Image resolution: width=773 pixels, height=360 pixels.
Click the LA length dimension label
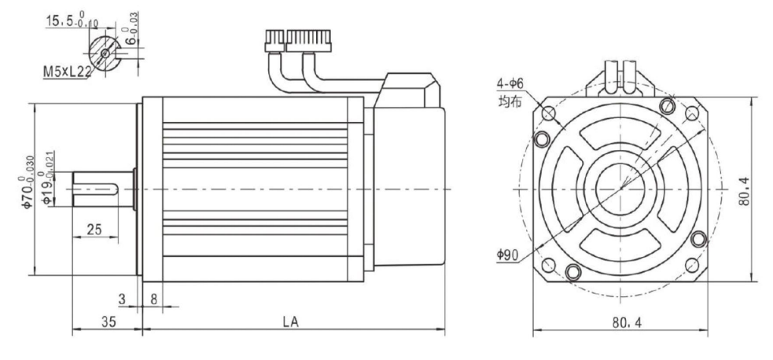pos(290,321)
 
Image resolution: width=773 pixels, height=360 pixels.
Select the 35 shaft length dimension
pos(109,321)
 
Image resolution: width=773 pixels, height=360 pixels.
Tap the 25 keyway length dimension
pos(94,229)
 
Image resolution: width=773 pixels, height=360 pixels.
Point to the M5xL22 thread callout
pos(67,72)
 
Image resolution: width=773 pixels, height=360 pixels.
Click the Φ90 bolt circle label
pos(507,255)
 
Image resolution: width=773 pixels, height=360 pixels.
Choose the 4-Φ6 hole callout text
pos(510,84)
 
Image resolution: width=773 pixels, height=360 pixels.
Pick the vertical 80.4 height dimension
pos(745,191)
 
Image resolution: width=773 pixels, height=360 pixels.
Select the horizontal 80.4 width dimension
pos(627,322)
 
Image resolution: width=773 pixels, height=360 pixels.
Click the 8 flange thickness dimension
pos(153,299)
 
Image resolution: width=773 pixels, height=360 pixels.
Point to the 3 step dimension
pos(122,299)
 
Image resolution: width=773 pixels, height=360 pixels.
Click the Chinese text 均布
pos(510,103)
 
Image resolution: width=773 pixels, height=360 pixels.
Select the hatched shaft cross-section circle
pos(105,53)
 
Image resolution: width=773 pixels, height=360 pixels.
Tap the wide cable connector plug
pos(308,41)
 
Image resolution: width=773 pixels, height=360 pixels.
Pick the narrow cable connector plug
pos(275,41)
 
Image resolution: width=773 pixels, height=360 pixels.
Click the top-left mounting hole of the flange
pos(549,114)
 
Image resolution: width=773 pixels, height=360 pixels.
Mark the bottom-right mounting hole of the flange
pos(692,266)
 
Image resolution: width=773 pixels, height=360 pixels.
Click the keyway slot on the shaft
pos(96,189)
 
